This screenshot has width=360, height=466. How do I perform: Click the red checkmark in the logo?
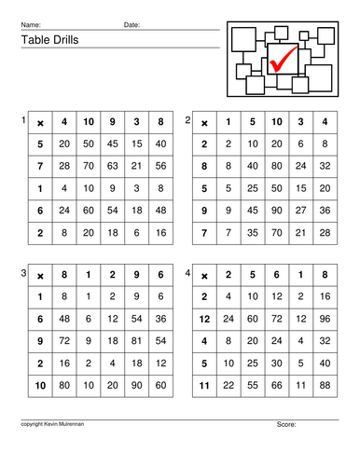click(x=281, y=58)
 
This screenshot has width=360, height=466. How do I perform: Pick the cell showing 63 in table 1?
click(x=112, y=166)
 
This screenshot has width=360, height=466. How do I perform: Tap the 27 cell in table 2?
click(x=300, y=210)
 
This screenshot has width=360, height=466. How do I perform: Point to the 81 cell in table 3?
click(x=136, y=340)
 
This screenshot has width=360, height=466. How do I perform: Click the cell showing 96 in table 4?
click(x=325, y=318)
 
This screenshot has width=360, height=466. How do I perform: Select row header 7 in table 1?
click(x=39, y=166)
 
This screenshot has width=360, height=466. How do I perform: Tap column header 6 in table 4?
click(x=277, y=276)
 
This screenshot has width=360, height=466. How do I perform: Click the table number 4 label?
click(x=187, y=273)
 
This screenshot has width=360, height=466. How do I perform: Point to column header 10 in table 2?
click(x=277, y=122)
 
